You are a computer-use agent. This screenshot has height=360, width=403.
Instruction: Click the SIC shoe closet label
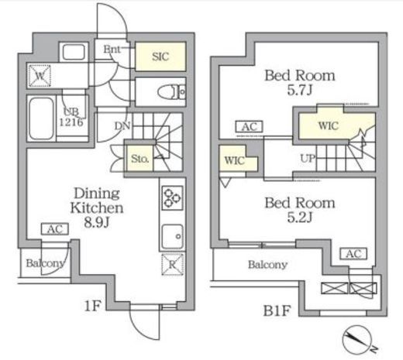click(160, 57)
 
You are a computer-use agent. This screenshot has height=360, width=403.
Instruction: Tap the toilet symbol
click(171, 92)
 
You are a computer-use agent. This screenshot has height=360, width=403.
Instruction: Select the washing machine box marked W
click(40, 76)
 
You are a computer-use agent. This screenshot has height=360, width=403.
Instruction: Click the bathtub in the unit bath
click(41, 118)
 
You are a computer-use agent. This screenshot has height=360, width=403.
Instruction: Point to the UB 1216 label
click(71, 117)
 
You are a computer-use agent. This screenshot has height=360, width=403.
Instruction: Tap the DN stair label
click(122, 126)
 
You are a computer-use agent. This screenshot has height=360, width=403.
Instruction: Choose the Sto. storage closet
click(139, 158)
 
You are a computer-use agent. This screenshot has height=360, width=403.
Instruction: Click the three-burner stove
click(172, 198)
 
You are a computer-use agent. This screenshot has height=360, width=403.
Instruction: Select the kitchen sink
click(173, 237)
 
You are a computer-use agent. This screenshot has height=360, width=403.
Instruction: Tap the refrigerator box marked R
click(173, 264)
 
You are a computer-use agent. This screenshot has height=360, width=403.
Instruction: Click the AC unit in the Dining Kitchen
click(55, 229)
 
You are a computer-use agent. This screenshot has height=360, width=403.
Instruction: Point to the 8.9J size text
click(97, 222)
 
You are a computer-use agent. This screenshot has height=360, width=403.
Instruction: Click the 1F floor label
click(92, 306)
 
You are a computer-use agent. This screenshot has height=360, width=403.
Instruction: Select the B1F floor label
click(277, 310)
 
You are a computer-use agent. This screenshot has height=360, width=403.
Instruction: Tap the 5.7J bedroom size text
click(300, 90)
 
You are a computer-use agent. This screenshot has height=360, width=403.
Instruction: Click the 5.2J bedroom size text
click(300, 217)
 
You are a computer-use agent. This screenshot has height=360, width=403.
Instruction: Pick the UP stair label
click(308, 158)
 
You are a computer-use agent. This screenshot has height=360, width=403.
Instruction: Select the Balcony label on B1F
click(268, 265)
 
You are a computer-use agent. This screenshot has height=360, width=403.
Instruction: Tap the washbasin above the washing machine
click(74, 52)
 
